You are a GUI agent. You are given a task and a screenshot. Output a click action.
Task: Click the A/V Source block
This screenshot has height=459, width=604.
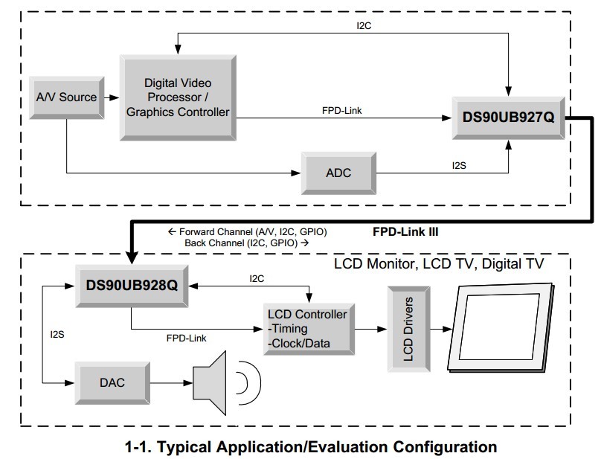(67, 97)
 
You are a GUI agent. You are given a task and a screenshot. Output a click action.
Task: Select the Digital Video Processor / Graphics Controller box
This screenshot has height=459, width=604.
(178, 97)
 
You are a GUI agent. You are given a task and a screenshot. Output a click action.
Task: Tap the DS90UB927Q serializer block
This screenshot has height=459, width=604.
(509, 118)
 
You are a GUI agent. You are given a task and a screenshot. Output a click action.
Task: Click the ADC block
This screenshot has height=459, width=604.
(338, 173)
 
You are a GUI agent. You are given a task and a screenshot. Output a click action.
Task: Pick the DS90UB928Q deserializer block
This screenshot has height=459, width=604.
(132, 286)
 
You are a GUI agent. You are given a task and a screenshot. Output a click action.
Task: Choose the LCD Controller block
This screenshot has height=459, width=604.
(309, 329)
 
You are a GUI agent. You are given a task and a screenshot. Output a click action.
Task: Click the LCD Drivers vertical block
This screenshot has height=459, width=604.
(408, 329)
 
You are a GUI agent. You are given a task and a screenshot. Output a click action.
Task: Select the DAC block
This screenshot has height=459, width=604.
(112, 382)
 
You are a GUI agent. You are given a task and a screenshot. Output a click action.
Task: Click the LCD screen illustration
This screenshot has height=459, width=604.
(501, 327)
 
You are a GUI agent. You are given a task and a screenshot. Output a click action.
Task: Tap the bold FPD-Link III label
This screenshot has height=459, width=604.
(405, 231)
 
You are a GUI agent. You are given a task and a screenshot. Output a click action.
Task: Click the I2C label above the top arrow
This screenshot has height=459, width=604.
(364, 26)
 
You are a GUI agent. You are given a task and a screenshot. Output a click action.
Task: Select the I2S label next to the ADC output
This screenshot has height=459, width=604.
(459, 166)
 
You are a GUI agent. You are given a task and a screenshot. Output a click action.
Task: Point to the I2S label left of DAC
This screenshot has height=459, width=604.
(57, 335)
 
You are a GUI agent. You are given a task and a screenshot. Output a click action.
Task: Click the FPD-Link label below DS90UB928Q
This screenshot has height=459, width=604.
(187, 338)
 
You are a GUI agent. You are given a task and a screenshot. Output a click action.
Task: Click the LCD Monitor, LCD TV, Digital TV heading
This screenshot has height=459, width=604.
(439, 264)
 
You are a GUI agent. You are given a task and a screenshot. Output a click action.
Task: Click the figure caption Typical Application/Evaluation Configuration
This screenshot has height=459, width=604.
(311, 447)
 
